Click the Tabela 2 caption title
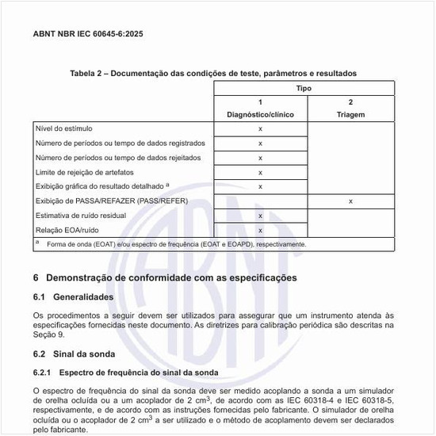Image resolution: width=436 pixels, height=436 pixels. point(213,73)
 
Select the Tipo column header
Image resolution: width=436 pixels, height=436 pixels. point(305,88)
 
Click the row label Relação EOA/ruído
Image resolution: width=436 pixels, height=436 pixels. point(67,229)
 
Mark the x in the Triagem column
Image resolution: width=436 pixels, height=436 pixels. point(350,201)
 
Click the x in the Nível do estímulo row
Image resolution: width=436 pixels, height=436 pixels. point(260,128)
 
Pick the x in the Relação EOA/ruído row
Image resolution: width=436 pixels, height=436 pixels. point(260,230)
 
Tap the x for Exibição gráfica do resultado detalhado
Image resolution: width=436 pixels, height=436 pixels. point(260,186)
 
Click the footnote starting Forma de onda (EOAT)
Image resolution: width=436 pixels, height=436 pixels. point(176,244)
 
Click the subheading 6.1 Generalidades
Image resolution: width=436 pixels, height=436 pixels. point(78,297)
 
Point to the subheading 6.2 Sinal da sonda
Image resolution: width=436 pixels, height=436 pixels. point(75,354)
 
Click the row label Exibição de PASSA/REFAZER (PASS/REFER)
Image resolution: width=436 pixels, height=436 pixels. point(112,201)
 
